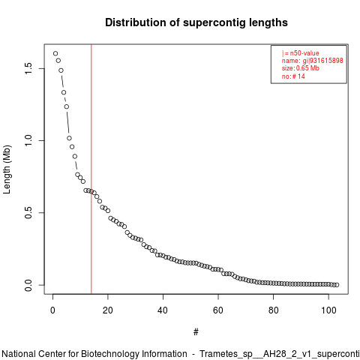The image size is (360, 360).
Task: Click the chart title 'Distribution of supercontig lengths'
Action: coord(196,22)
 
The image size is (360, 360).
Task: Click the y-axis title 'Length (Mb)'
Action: coord(7,169)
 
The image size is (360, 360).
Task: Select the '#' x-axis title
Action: coord(196,332)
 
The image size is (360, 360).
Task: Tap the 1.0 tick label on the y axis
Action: coord(28,140)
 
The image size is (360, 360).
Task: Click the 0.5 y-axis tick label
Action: coord(28,213)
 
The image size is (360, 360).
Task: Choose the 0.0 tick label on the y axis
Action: coord(28,285)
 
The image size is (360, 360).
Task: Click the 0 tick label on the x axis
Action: coord(52,310)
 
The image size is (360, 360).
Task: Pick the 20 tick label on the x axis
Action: coord(108,310)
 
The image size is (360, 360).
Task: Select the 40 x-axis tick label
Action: coord(163,310)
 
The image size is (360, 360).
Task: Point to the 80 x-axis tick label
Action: coord(273,310)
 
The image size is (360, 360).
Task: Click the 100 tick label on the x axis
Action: coord(328,310)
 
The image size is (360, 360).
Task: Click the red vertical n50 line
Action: coord(91,169)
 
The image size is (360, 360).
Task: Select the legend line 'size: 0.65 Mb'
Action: coord(301,68)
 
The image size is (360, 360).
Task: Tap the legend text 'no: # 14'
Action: coord(293,76)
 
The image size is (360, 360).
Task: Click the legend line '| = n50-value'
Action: coord(301,53)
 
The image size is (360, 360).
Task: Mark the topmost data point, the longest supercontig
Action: coord(55,53)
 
